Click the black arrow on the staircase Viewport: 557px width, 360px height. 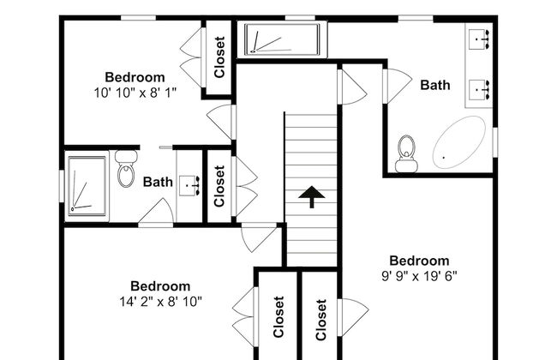(312, 196)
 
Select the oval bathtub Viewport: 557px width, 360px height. (459, 142)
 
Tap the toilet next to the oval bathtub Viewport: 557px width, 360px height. (406, 154)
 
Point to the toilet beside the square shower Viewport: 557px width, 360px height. (126, 169)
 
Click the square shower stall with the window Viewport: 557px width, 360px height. (87, 186)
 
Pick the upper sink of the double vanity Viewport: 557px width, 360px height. (479, 39)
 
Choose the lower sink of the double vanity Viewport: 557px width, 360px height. (479, 89)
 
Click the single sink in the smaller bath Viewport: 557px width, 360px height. (189, 185)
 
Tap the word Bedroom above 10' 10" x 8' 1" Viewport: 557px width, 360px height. (135, 77)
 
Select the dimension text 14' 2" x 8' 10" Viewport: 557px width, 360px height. (160, 302)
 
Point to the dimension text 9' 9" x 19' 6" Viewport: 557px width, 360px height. (419, 276)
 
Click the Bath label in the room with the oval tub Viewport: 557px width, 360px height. (435, 85)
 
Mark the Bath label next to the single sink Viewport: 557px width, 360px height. (158, 182)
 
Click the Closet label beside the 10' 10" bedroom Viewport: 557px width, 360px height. (219, 57)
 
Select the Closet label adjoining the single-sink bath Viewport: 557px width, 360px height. (219, 186)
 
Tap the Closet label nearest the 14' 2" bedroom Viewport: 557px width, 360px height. (278, 317)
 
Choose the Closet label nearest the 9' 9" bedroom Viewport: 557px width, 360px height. (320, 320)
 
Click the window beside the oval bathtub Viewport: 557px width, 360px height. (494, 142)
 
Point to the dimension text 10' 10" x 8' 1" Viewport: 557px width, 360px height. (135, 93)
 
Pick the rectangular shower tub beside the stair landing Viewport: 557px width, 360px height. (282, 39)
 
